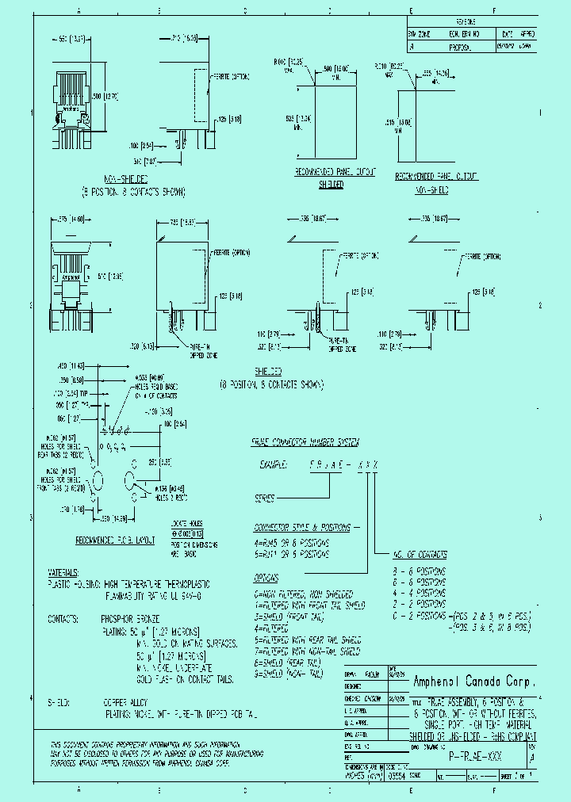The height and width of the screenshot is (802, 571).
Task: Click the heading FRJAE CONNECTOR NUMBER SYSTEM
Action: [305, 441]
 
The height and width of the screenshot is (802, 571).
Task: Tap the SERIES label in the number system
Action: [264, 499]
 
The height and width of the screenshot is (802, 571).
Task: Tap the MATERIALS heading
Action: [63, 571]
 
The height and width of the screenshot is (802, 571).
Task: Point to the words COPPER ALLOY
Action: [127, 701]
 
